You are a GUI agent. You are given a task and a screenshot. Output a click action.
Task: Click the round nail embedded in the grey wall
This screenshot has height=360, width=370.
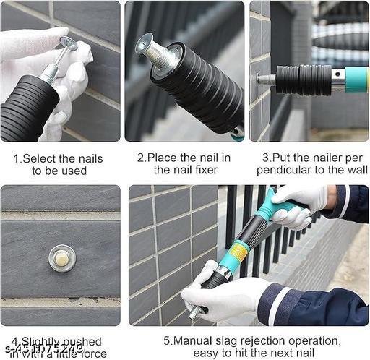61,257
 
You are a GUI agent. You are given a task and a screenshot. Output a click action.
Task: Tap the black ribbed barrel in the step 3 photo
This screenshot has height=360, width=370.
304,80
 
